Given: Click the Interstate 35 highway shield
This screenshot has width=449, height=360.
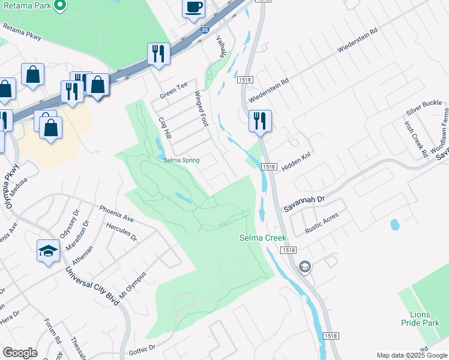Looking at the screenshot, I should point(205,28).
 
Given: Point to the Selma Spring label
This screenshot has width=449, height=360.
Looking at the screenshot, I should point(182,160).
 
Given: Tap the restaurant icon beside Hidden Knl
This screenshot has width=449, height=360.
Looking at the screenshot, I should point(260,120).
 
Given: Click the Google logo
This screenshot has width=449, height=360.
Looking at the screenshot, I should point(20,353).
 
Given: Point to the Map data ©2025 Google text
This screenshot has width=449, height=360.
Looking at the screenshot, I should point(412,355).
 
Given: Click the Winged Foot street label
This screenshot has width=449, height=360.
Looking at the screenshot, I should point(200,109).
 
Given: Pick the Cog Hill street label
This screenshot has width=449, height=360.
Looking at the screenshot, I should point(165,128).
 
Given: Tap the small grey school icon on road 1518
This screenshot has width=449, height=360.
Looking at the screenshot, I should point(305,266).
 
